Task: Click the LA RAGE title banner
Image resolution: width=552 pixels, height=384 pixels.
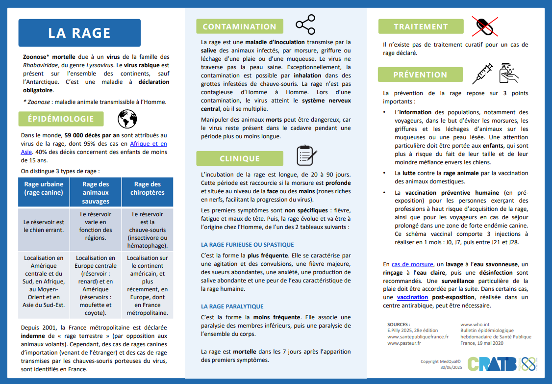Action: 79,33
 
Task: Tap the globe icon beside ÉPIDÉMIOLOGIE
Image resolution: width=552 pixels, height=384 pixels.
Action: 127,119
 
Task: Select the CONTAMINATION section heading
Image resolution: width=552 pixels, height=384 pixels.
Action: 240,26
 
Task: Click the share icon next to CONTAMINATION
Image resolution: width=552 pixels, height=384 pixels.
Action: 305,25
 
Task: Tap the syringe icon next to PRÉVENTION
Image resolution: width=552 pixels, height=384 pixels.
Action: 482,74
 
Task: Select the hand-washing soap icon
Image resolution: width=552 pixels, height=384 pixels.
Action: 508,74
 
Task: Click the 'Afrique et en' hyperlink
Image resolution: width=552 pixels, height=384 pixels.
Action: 148,144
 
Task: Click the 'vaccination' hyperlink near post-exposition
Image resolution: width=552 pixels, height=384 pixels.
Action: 412,297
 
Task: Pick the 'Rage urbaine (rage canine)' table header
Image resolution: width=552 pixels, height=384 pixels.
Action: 44,188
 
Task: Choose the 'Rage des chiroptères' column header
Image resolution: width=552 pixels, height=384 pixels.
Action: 148,188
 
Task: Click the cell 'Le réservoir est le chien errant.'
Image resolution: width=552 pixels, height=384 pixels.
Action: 44,226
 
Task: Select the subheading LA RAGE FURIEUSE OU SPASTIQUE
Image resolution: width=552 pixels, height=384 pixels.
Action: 248,244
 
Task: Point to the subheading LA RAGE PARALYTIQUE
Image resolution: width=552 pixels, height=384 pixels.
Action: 232,306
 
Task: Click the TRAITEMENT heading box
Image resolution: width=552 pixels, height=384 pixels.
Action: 421,26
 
